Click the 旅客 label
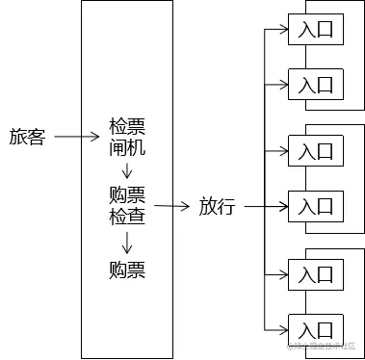[27, 138]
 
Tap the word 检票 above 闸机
[127, 126]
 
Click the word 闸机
[127, 147]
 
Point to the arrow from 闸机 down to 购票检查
[127, 170]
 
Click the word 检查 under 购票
[127, 216]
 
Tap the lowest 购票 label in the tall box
[127, 270]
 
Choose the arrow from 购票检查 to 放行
[171, 205]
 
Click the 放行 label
[217, 206]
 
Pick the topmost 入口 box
[315, 30]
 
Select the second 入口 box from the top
[315, 85]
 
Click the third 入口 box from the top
[315, 151]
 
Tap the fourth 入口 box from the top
[315, 206]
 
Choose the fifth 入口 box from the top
[315, 272]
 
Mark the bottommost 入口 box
[315, 327]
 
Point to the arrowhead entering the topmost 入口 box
[284, 30]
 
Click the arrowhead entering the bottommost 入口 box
[284, 327]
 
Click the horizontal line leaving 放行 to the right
[252, 206]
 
